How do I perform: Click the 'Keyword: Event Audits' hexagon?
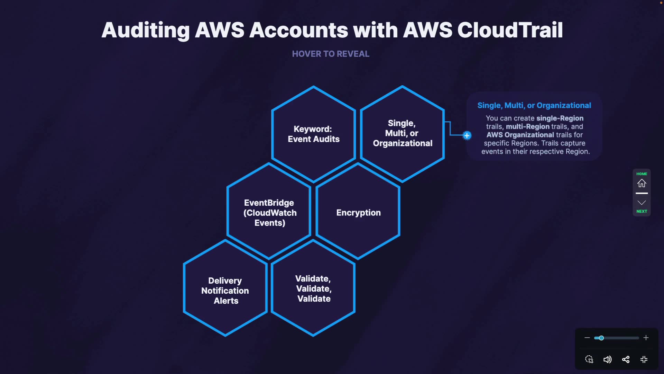(314, 134)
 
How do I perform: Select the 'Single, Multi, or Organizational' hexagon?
(402, 133)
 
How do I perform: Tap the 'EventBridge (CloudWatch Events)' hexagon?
(269, 212)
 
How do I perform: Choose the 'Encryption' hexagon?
(358, 212)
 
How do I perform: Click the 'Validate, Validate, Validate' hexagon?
(314, 288)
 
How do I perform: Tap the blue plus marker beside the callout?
(467, 135)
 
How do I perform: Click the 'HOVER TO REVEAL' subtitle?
(331, 54)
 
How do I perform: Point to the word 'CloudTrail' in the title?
(510, 30)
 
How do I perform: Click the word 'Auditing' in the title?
(146, 30)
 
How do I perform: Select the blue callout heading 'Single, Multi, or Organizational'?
(534, 105)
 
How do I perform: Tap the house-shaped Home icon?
(642, 183)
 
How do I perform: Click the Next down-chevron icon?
(642, 203)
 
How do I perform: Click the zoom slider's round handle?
(601, 338)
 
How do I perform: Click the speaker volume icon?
(607, 359)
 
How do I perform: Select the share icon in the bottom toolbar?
(626, 359)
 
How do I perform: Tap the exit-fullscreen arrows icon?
(644, 359)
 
